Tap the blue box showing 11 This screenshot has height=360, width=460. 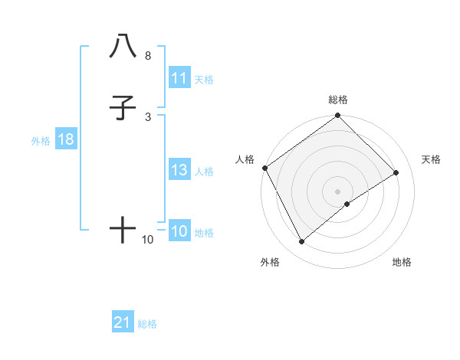(x=179, y=78)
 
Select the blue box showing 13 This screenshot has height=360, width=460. (x=179, y=171)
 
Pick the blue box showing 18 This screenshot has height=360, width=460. (x=65, y=140)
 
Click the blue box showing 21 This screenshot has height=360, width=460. (x=123, y=323)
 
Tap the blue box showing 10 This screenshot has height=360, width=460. (x=179, y=232)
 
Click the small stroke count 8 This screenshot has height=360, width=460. (x=147, y=56)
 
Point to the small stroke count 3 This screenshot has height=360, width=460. (x=147, y=117)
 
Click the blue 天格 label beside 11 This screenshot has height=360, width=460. (x=204, y=79)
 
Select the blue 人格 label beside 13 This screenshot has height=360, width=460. (x=204, y=172)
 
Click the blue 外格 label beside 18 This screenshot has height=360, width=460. (x=40, y=141)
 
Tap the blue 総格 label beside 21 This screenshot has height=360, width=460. (x=147, y=324)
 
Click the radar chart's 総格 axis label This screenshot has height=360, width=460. (x=338, y=100)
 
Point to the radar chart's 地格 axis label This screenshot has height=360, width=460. (x=402, y=262)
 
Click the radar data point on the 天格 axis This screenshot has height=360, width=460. (x=396, y=172)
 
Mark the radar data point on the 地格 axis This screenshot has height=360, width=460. (x=347, y=204)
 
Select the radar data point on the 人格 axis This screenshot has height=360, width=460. (x=264, y=168)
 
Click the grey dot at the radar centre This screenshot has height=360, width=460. (x=337, y=191)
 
